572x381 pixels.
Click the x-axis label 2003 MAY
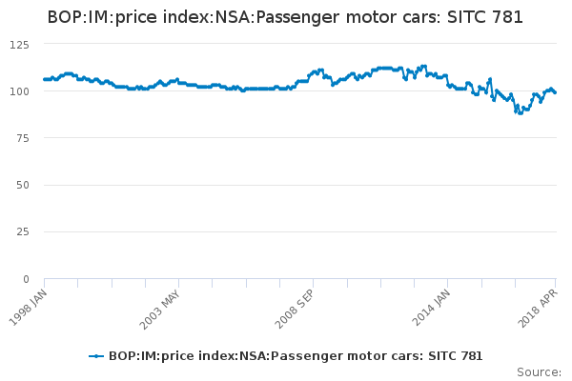point(160,306)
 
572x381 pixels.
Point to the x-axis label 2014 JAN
point(431,306)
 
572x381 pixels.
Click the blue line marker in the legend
point(96,355)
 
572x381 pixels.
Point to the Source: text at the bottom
point(539,371)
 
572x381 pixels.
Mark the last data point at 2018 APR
point(556,92)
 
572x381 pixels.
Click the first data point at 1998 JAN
point(45,79)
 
